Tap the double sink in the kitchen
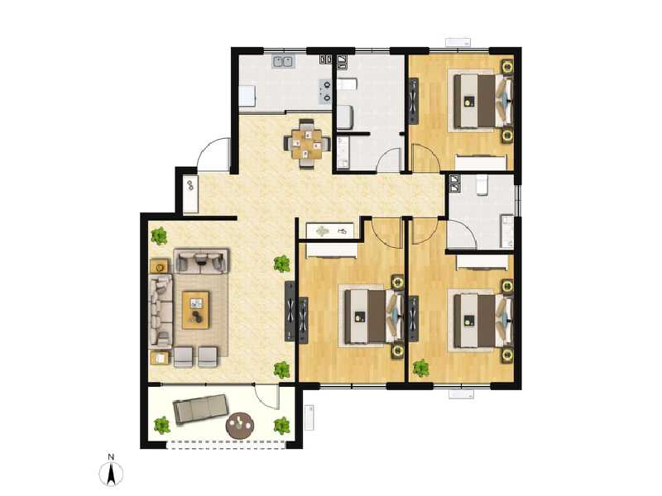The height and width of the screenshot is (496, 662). [x=284, y=60]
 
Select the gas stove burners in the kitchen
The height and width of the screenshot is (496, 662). [x=327, y=89]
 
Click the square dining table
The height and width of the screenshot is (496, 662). [x=307, y=142]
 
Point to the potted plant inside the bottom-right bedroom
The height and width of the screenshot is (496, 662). [x=421, y=367]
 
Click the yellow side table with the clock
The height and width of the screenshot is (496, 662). [x=160, y=266]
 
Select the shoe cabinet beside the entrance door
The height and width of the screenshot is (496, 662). [x=190, y=193]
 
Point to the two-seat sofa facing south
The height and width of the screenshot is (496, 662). [x=201, y=261]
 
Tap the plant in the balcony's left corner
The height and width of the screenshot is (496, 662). [x=161, y=425]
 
